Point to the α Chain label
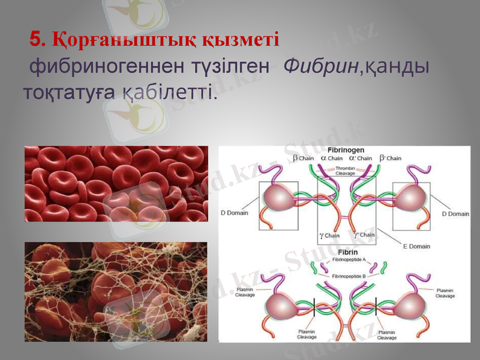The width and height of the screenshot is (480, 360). click(331, 158)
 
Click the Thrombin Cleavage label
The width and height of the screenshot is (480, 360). click(344, 171)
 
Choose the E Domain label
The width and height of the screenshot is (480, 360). click(415, 247)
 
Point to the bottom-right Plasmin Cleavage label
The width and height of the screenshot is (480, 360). click(386, 335)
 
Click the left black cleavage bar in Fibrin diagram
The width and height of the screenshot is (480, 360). click(314, 307)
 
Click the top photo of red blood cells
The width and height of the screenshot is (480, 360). click(116, 184)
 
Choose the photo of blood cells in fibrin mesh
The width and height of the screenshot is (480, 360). click(116, 292)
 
